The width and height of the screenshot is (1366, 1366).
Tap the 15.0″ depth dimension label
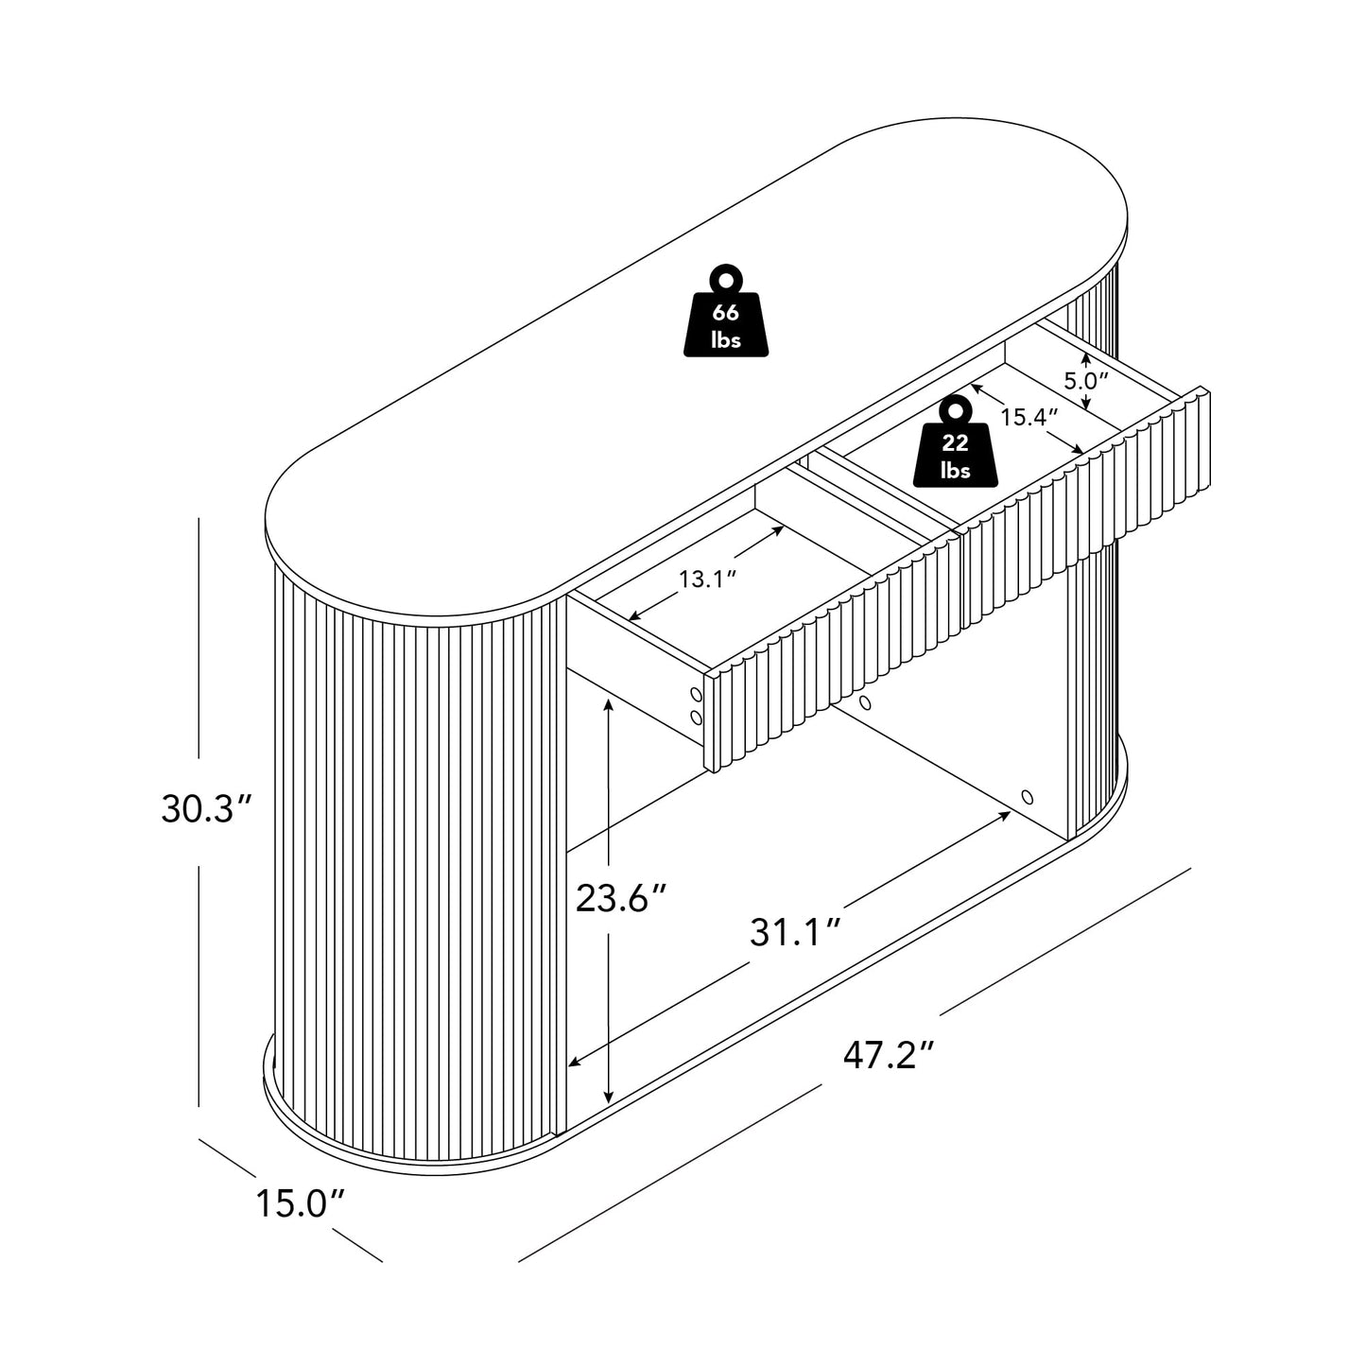tap(300, 1203)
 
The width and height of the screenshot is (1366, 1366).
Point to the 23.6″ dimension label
tap(622, 899)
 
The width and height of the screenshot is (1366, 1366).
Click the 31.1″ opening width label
tap(796, 932)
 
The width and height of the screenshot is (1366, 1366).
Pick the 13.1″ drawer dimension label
tap(709, 579)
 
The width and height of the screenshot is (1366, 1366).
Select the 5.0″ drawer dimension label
tap(1085, 381)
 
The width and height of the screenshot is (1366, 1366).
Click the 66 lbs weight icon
tap(725, 311)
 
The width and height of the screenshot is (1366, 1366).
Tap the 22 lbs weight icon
tap(955, 442)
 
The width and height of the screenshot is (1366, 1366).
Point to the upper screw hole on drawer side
tap(696, 694)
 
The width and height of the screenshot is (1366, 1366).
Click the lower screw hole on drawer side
tap(696, 718)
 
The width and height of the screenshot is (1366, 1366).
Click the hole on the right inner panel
tap(1028, 797)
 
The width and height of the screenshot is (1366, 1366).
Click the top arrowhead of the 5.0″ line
tap(1084, 359)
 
